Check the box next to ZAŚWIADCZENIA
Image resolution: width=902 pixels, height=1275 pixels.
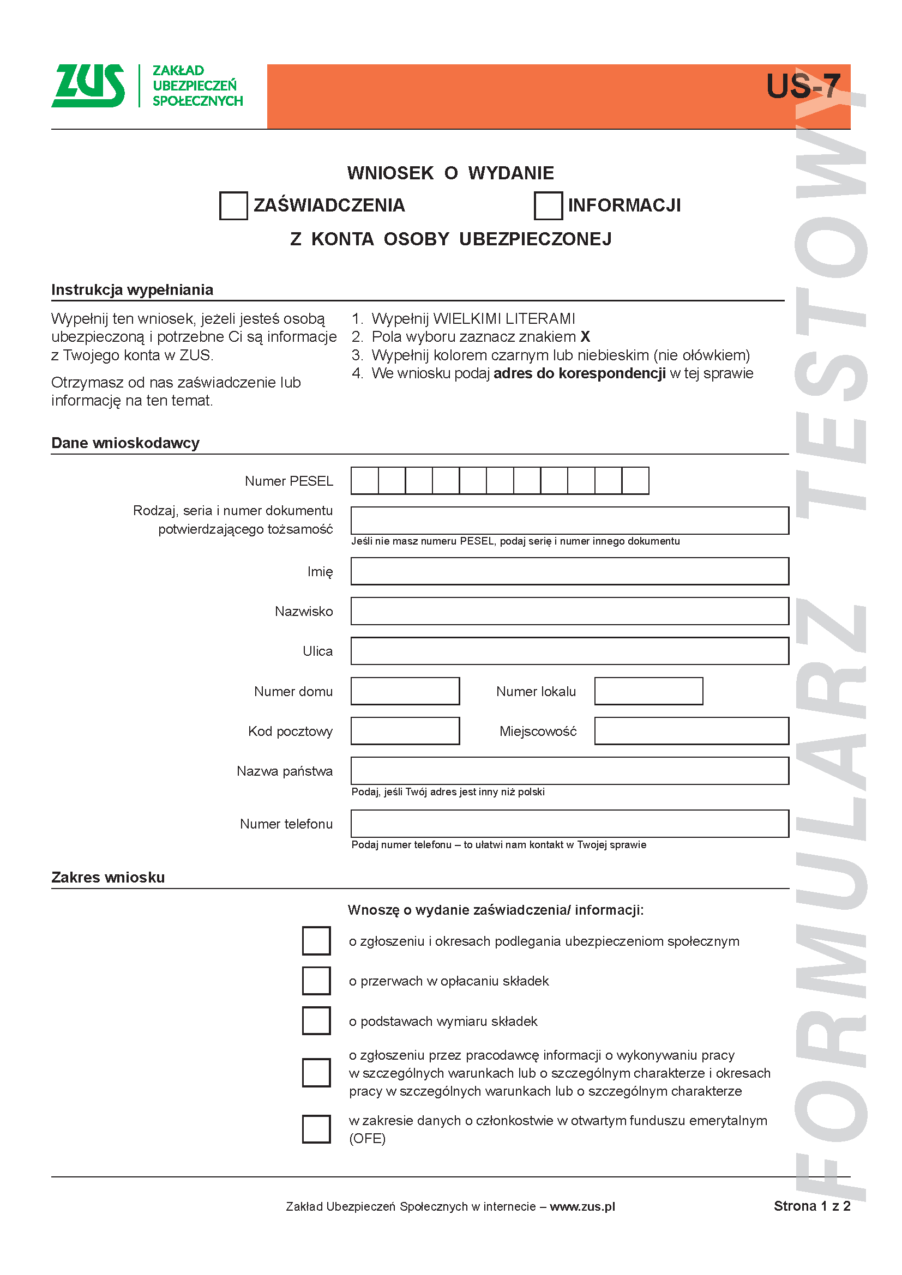pos(233,206)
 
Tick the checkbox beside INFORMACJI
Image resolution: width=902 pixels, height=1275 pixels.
pos(548,206)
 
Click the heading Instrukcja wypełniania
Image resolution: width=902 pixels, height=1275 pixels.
pos(132,290)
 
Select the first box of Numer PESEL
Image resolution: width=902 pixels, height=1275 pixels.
pos(364,481)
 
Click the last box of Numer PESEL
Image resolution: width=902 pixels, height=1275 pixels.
pos(635,481)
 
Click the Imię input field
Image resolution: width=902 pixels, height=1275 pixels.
pos(569,571)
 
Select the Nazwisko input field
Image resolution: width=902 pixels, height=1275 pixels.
pos(569,612)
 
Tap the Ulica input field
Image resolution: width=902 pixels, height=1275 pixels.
pos(569,651)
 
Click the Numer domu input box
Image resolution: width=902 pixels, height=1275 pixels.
pos(405,691)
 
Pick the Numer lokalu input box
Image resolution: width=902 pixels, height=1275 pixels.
pos(648,691)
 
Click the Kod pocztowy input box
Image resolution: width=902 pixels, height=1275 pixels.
pos(405,731)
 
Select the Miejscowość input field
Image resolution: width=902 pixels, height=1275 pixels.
pos(691,731)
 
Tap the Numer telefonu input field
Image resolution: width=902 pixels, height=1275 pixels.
pos(569,824)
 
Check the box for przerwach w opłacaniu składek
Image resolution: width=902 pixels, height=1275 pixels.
pos(316,981)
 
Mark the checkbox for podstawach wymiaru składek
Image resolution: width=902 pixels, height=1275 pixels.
pos(316,1020)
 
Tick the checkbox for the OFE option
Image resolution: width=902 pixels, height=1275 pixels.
pos(316,1129)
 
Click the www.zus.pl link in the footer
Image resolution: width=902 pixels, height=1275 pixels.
pos(582,1206)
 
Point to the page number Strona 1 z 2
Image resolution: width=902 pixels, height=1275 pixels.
pos(811,1206)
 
